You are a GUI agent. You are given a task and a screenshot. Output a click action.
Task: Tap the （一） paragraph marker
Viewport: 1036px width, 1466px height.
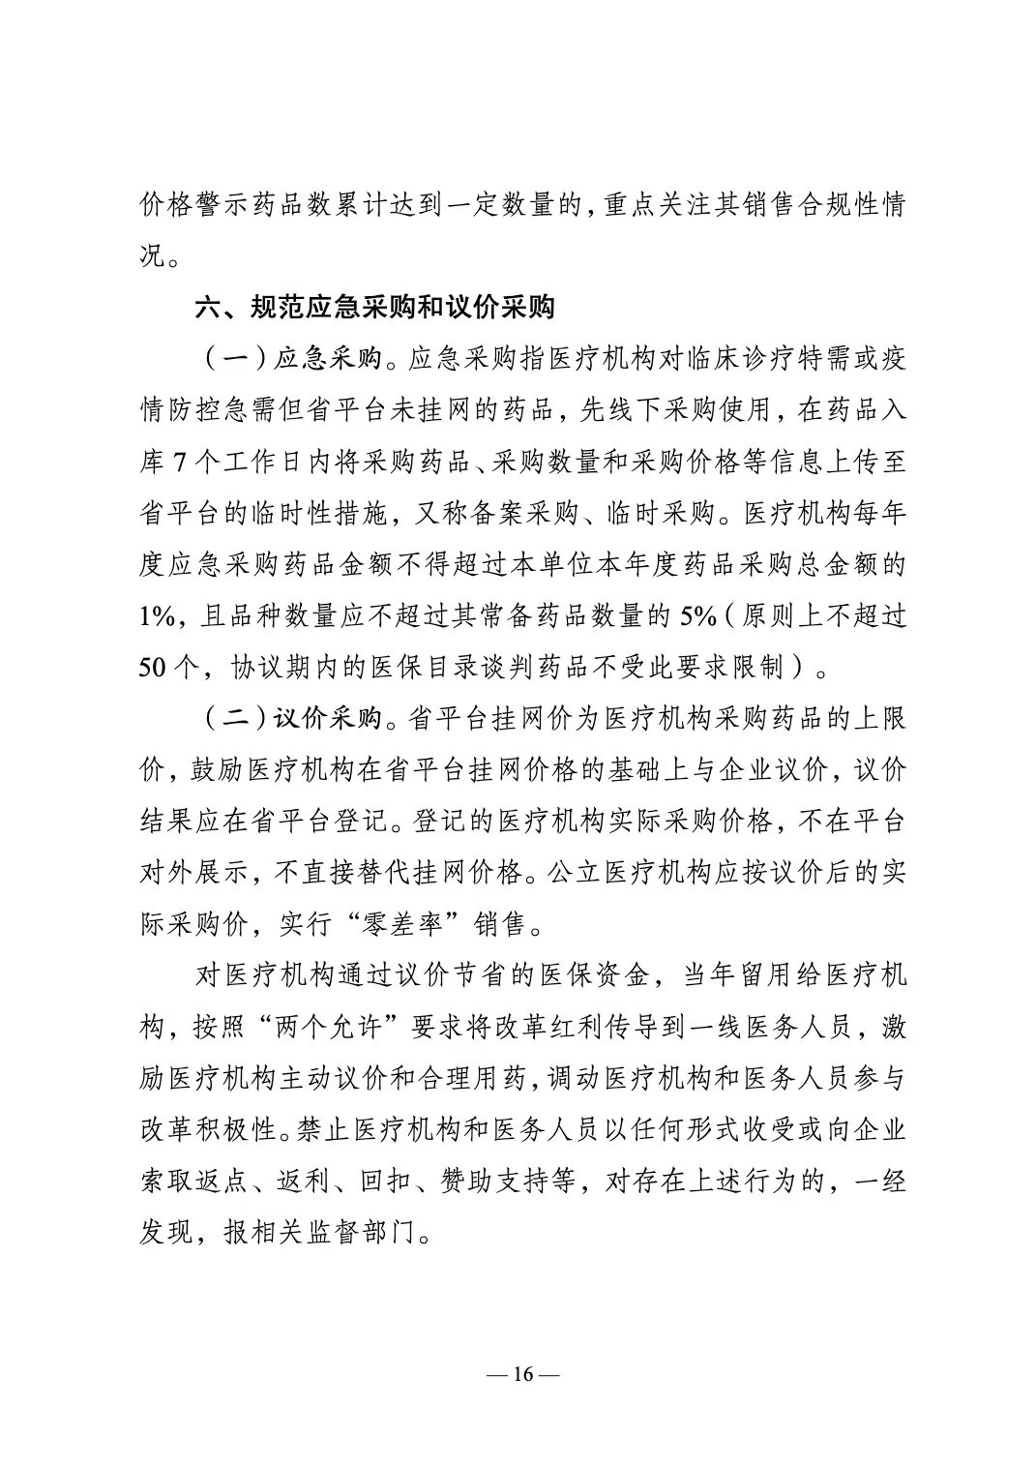point(231,358)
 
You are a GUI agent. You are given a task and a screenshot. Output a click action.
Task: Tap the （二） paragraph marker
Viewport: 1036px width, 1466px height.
point(231,719)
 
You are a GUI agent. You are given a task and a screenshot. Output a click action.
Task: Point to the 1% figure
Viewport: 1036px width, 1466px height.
point(158,616)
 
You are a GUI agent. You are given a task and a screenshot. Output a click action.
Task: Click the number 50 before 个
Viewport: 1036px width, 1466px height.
point(155,668)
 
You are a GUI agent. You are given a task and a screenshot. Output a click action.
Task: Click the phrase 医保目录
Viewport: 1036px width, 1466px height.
point(427,668)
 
